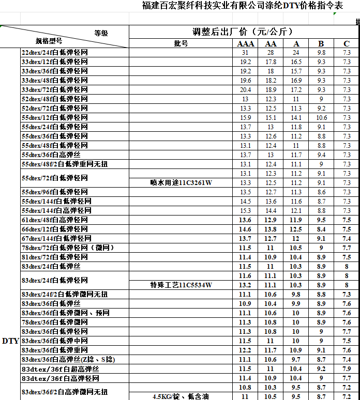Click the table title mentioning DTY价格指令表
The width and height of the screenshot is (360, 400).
[x=243, y=6]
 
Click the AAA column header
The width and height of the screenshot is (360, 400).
[x=245, y=43]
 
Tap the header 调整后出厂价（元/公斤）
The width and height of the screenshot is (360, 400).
[x=243, y=32]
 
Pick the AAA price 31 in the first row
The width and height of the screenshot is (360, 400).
[x=245, y=53]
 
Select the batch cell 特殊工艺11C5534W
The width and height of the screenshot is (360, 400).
[x=181, y=285]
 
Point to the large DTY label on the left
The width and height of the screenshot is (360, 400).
[x=10, y=341]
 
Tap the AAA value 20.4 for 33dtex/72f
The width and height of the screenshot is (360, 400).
[x=245, y=90]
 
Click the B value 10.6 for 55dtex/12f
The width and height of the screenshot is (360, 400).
[x=321, y=118]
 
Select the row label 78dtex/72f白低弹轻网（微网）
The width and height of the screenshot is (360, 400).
[x=67, y=248]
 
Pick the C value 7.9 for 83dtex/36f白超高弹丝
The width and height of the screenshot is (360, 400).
[x=347, y=369]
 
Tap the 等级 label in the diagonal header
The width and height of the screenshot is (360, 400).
[x=101, y=33]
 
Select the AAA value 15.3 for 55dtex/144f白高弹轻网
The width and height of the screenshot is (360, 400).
[x=245, y=211]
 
